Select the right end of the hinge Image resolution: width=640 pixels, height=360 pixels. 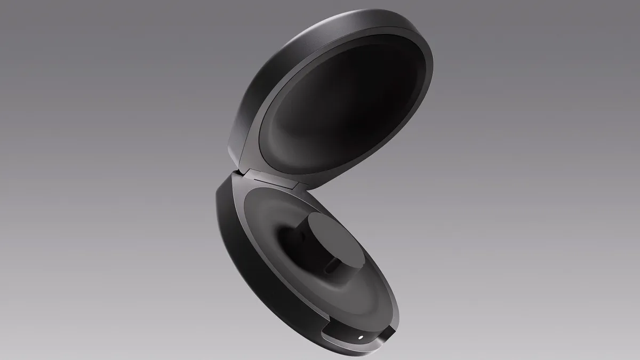point(297,187)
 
